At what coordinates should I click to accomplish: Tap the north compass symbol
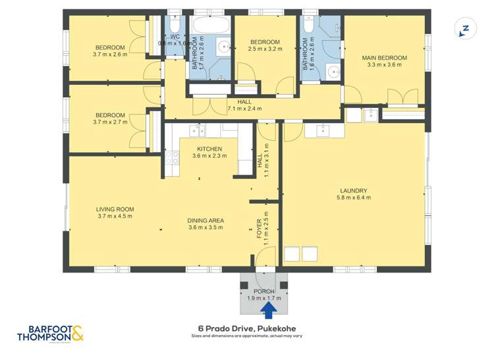(465, 29)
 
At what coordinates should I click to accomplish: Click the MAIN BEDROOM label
(385, 58)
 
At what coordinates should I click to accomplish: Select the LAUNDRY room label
(353, 191)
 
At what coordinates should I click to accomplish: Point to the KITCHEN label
(209, 149)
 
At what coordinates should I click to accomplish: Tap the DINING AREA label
(206, 220)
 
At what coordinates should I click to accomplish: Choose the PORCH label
(264, 291)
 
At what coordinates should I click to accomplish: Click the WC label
(175, 37)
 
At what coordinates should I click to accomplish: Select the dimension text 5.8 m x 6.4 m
(353, 198)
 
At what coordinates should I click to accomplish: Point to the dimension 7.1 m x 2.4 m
(244, 109)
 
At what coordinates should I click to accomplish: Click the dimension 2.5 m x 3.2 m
(265, 49)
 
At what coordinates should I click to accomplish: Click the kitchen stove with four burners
(173, 157)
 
